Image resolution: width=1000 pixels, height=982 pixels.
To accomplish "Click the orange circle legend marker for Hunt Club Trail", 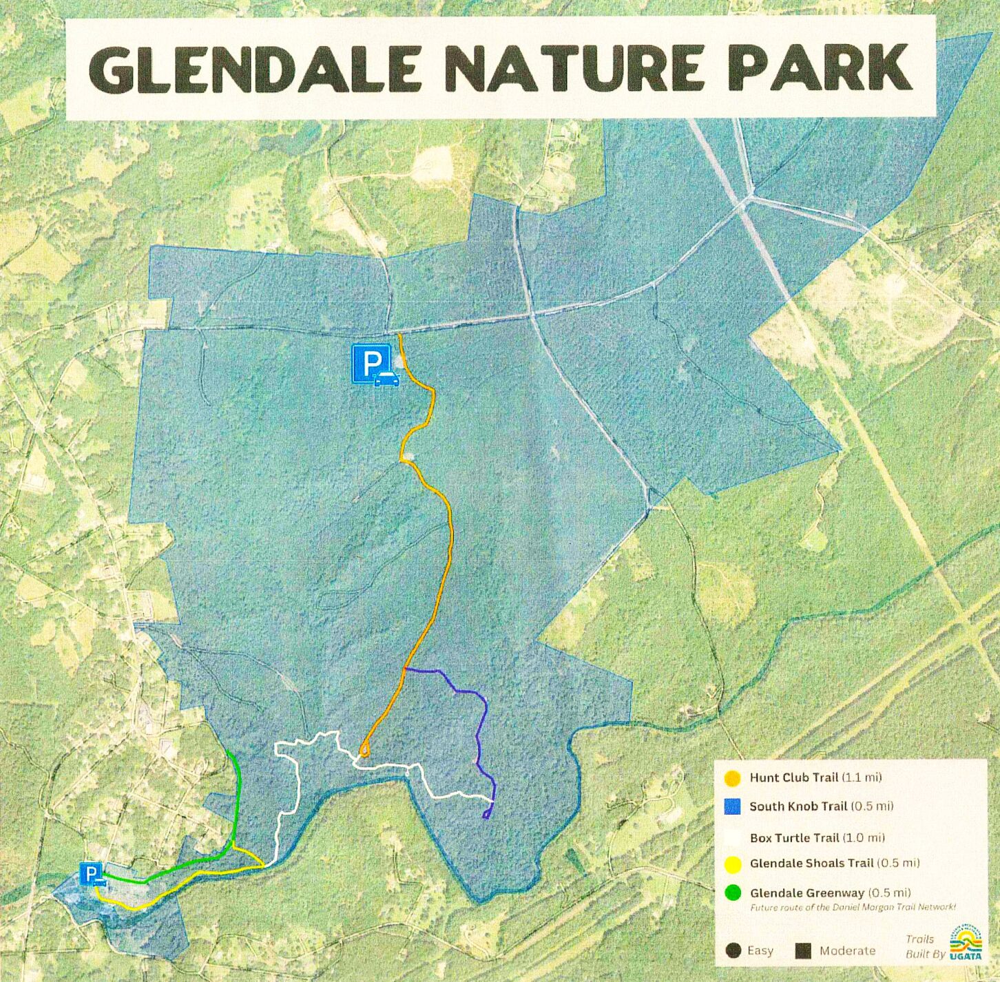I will tap(733, 778).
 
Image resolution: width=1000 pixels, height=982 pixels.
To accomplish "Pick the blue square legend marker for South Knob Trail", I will tap(733, 806).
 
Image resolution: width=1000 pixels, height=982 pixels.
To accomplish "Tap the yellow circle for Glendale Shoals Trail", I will tap(733, 864).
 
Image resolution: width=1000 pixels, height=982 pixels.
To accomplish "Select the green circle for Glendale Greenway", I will tap(733, 893).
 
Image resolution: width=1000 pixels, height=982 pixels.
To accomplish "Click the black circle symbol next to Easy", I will tap(733, 951).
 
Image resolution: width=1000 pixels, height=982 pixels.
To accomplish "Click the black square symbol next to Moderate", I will tap(802, 951).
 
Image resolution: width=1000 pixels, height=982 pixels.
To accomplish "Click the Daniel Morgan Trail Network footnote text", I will tap(853, 908).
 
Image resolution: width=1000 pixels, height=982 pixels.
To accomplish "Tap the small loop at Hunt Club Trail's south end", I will tap(364, 749).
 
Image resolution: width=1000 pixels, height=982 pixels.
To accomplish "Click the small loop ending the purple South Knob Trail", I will tap(488, 814).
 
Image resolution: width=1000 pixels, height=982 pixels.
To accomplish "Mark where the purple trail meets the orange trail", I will tap(405, 669).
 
